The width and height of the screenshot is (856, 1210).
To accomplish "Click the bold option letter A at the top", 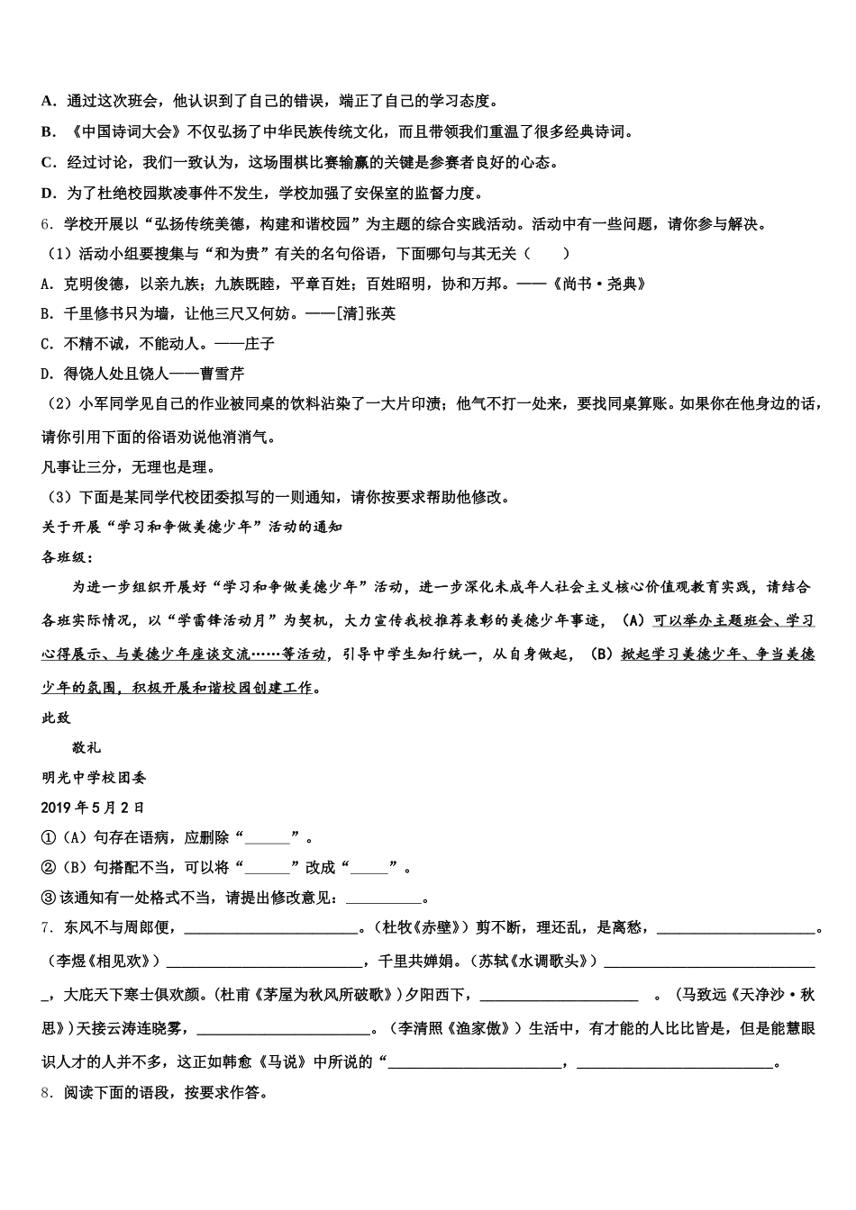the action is pos(48,102).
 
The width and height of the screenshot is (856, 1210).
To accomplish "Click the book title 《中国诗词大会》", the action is pos(125,132).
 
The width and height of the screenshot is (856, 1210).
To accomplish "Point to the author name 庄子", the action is pos(260,343).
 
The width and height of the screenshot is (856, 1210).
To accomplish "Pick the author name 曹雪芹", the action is pos(221,373).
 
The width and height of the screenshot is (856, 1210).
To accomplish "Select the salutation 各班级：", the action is pos(68,557).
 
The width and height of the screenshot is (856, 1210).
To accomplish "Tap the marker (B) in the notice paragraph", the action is pos(601,655).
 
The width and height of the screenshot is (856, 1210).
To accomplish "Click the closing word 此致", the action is pos(56,718).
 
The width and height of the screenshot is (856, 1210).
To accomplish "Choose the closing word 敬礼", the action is pos(87,747).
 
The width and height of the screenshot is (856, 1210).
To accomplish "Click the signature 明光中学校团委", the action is pos(94,777).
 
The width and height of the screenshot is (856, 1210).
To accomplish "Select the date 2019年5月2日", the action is pos(93,808).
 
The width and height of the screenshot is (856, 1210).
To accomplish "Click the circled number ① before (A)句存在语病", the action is pos(49,838).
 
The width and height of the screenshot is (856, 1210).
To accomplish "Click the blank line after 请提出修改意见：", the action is pos(384,898).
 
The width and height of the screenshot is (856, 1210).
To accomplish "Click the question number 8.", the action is pos(48,1094).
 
